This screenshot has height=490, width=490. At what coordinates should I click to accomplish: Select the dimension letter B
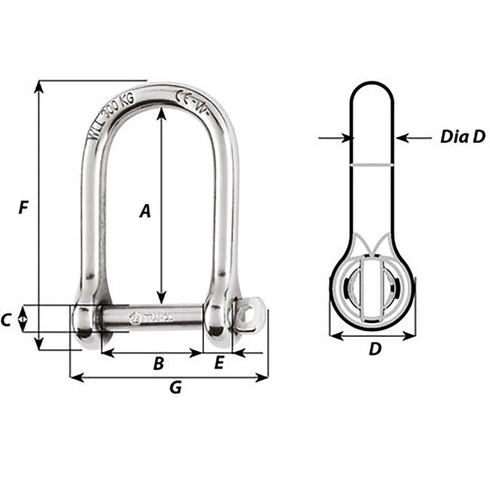click(158, 363)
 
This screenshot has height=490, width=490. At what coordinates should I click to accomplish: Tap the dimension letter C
click(6, 320)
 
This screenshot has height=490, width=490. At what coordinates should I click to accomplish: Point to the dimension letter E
click(219, 363)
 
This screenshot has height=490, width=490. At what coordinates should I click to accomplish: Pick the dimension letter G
click(176, 388)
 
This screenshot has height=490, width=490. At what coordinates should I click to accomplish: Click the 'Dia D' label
click(461, 137)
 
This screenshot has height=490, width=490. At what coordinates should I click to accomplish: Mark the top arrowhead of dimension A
click(161, 112)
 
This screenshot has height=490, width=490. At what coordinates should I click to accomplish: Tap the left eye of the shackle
click(84, 320)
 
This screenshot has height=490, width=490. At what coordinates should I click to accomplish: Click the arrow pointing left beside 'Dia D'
click(403, 138)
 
